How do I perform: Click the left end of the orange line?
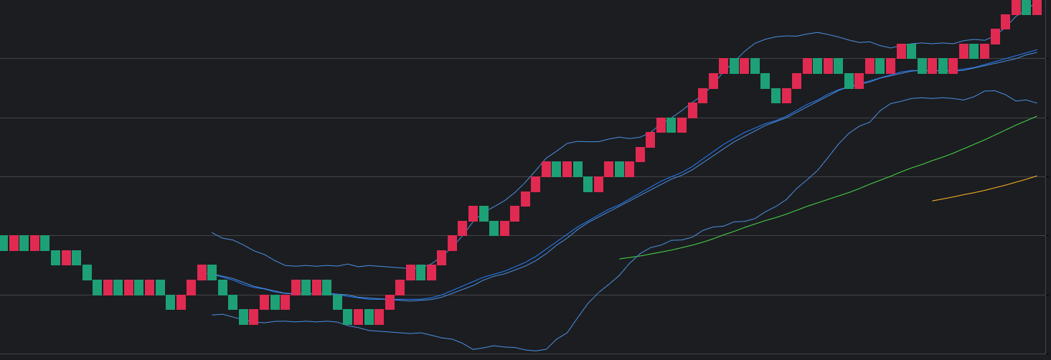933,201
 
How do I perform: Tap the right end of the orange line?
1037,176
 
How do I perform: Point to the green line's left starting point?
620,259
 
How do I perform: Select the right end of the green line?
1037,116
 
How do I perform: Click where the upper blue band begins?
212,232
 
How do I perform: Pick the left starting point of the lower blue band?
212,315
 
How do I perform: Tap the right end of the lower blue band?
1037,103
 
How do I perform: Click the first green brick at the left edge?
4,243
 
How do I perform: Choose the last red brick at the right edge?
1037,7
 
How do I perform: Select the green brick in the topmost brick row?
1027,7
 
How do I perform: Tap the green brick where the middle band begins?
212,273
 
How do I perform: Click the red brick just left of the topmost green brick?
1016,7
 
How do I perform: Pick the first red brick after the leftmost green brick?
14,243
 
